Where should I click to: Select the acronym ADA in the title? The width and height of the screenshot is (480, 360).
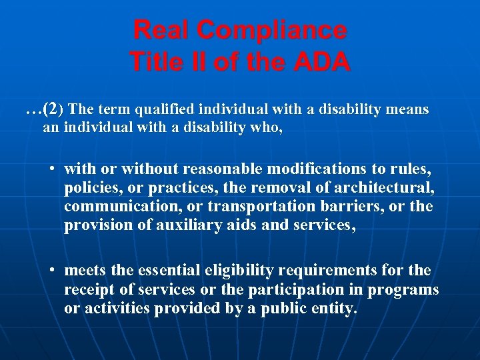coord(319,62)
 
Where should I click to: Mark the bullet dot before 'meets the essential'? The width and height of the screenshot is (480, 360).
coord(51,271)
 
